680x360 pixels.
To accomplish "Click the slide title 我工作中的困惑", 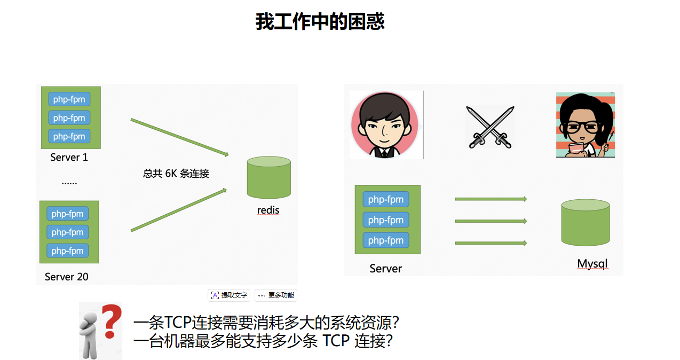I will [320, 22].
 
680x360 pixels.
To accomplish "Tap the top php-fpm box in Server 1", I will [69, 99].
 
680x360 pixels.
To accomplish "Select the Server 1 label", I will [69, 158].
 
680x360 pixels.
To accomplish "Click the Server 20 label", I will [67, 277].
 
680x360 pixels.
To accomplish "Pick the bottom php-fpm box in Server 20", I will [67, 251].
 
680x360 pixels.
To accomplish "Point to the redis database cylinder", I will [268, 178].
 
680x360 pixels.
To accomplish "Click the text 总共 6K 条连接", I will [176, 174].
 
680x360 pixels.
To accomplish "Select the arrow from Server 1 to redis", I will [179, 137].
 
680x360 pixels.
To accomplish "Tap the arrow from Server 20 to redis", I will [179, 210].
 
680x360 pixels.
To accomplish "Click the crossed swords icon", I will [490, 127].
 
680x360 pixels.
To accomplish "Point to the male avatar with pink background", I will [384, 124].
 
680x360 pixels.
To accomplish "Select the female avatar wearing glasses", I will [585, 125].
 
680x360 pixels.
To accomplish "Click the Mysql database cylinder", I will [585, 222].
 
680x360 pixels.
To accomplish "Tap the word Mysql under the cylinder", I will [592, 264].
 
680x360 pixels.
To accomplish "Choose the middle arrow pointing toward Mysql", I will [491, 221].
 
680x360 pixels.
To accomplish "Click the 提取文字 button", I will [229, 295].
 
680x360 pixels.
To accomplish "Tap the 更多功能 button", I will [275, 295].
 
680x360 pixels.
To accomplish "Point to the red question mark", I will [109, 322].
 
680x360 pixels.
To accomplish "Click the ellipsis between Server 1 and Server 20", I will [69, 182].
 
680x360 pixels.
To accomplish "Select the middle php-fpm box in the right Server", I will [386, 220].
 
